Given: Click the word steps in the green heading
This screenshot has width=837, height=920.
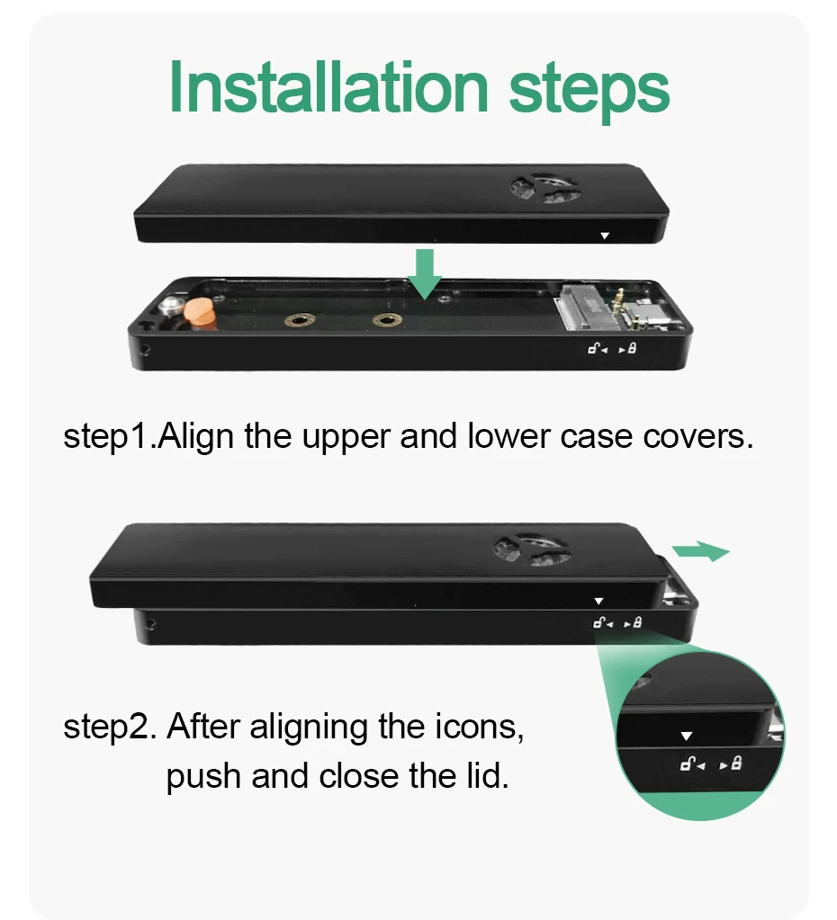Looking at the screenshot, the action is [589, 92].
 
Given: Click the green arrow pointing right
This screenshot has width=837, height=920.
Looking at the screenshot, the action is [701, 551].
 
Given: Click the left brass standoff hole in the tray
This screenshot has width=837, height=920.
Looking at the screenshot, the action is [300, 320].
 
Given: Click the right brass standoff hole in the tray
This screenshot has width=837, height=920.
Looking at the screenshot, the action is [387, 320].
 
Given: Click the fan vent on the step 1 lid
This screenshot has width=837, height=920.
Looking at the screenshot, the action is [544, 188].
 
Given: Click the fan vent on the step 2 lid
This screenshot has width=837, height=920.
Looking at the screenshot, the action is [531, 549].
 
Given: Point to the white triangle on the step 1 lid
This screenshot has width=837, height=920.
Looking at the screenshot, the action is [605, 236].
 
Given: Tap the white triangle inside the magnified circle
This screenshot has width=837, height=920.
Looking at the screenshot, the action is [686, 736].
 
